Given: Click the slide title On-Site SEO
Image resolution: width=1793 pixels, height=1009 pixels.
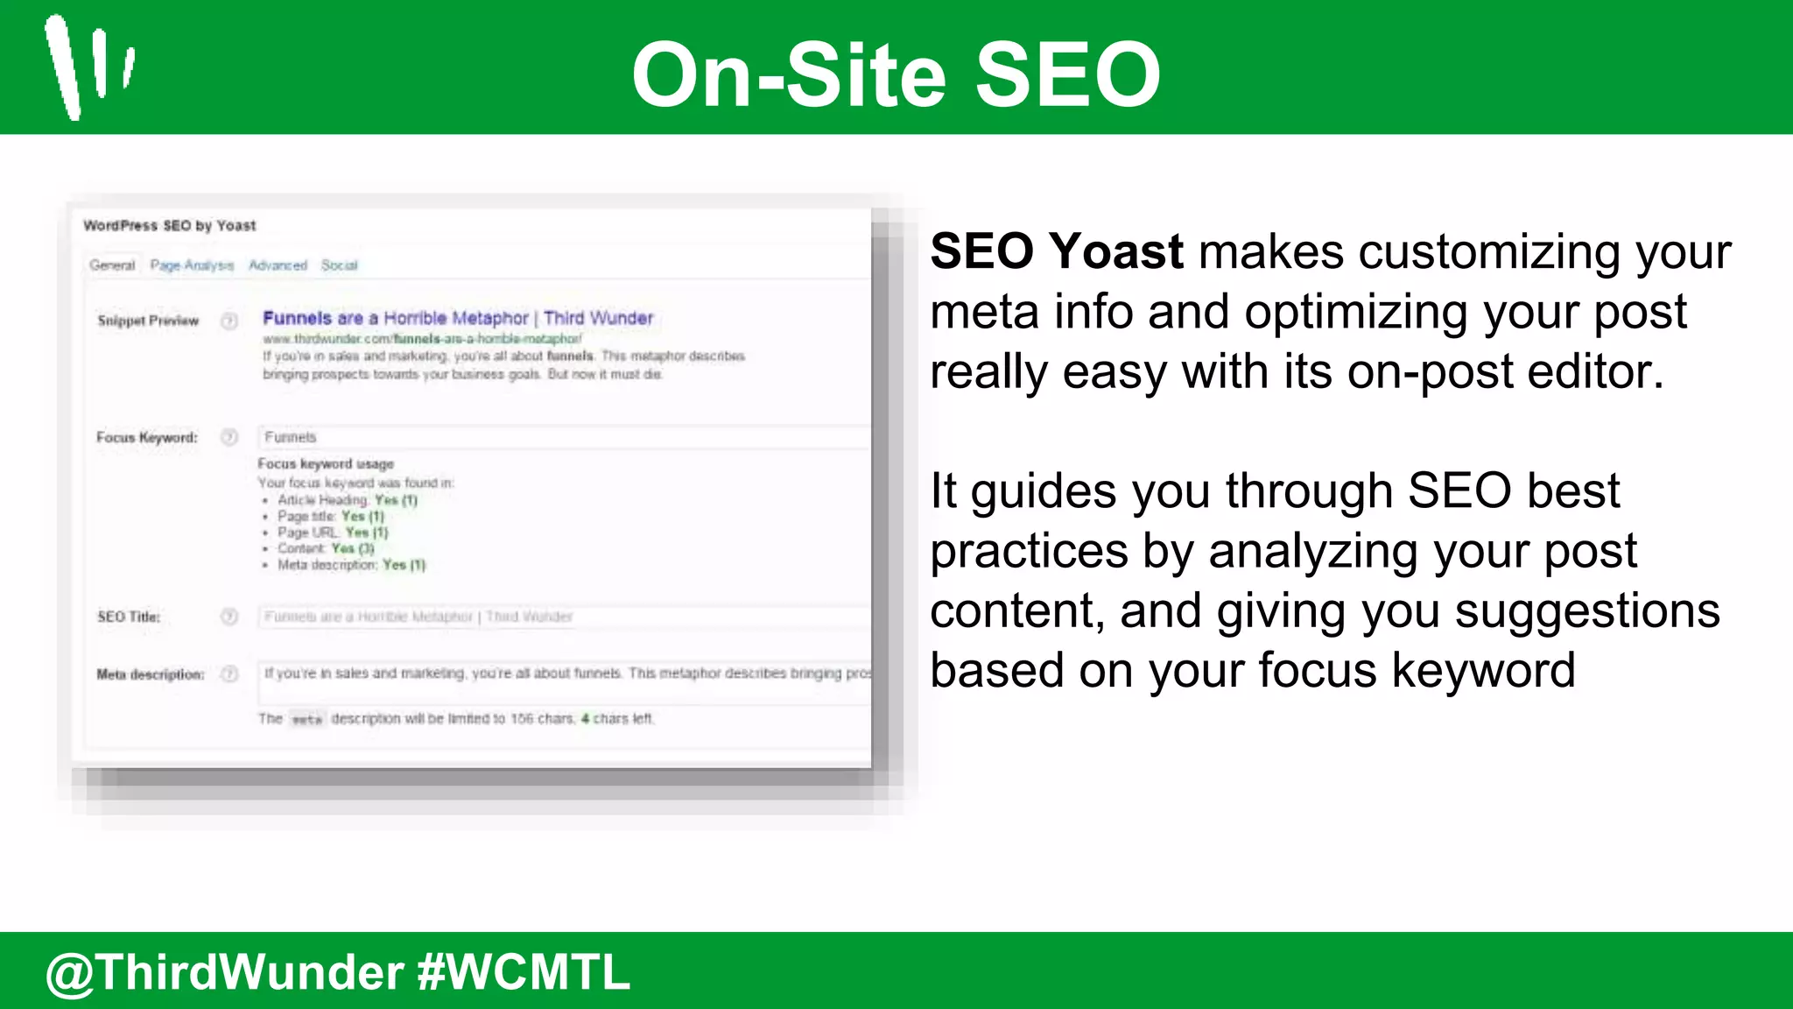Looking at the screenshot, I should pos(896,75).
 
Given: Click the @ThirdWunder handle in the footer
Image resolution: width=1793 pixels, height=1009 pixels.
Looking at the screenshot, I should pos(224,972).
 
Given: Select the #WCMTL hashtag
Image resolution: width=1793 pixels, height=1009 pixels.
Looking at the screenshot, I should pos(524,972).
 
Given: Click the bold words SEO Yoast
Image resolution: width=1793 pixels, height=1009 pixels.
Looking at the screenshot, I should pos(1056,251).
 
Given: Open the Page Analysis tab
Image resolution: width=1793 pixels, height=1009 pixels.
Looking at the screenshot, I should pos(192,265).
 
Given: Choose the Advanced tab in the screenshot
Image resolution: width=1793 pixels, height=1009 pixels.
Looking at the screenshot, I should pos(278,265).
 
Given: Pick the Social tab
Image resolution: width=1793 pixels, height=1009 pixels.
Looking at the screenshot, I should pos(339,265).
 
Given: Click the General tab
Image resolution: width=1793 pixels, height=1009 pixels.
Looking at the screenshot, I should pos(112,265).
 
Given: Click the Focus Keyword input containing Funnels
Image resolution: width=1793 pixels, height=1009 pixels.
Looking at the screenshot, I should pos(560,437).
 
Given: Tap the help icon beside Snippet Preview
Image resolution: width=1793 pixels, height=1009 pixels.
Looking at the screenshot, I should pos(229,321).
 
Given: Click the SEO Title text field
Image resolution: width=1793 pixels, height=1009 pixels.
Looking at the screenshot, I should pos(560,617).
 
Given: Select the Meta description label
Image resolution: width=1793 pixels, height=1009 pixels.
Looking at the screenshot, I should pos(150,674).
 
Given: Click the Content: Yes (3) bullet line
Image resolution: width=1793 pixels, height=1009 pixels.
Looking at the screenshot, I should pos(326,548).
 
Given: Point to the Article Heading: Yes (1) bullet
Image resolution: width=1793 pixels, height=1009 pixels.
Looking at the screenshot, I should pos(347,500).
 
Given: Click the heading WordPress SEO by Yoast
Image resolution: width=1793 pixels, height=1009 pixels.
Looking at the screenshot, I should pos(169,226).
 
